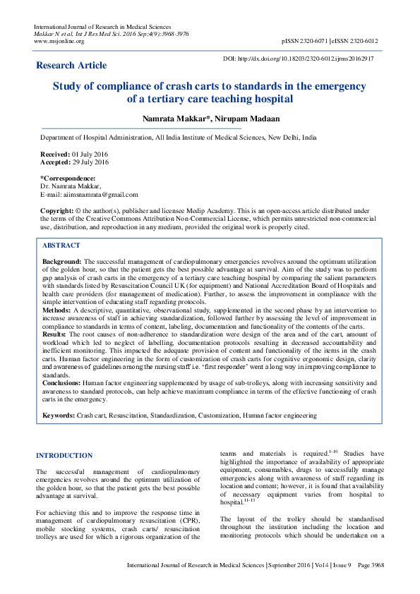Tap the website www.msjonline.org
[59, 42]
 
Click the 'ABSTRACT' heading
[61, 245]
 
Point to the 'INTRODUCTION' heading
[64, 456]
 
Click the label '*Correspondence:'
[68, 178]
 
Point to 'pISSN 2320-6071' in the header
[304, 42]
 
